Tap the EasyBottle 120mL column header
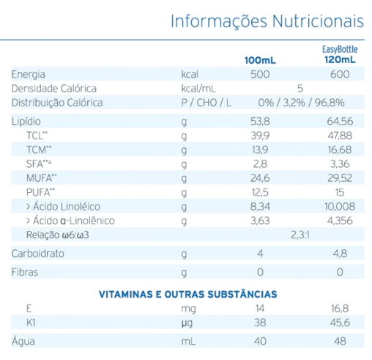340,54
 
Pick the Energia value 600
340,74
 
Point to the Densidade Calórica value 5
300,88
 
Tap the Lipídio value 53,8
260,121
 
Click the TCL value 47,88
340,136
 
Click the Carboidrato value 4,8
340,254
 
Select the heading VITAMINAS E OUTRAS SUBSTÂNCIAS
187,293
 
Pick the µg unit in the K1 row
186,323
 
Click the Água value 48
340,342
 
